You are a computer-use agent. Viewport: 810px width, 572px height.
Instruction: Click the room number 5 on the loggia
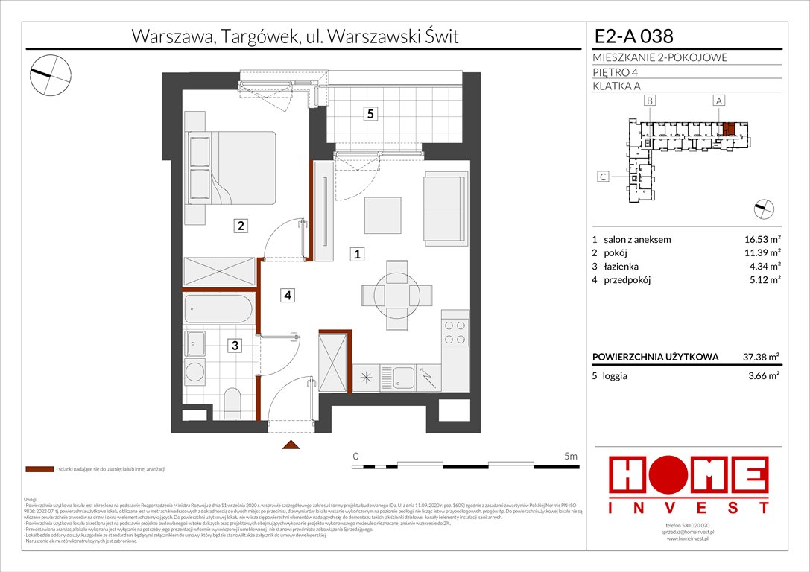pos(370,114)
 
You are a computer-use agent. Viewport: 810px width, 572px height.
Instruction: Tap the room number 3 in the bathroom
pos(235,346)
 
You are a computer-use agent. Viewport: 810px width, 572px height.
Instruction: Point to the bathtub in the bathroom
pos(218,308)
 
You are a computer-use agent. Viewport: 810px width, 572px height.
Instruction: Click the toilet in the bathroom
pos(232,402)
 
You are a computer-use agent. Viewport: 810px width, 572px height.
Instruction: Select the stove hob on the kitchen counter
pos(455,332)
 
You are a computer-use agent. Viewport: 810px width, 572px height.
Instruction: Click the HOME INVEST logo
pos(689,485)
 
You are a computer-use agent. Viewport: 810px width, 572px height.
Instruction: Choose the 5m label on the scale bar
pos(571,455)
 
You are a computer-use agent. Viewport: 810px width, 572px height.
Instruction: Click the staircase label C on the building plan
pos(604,177)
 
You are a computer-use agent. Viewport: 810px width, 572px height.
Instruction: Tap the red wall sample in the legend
pos(39,470)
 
